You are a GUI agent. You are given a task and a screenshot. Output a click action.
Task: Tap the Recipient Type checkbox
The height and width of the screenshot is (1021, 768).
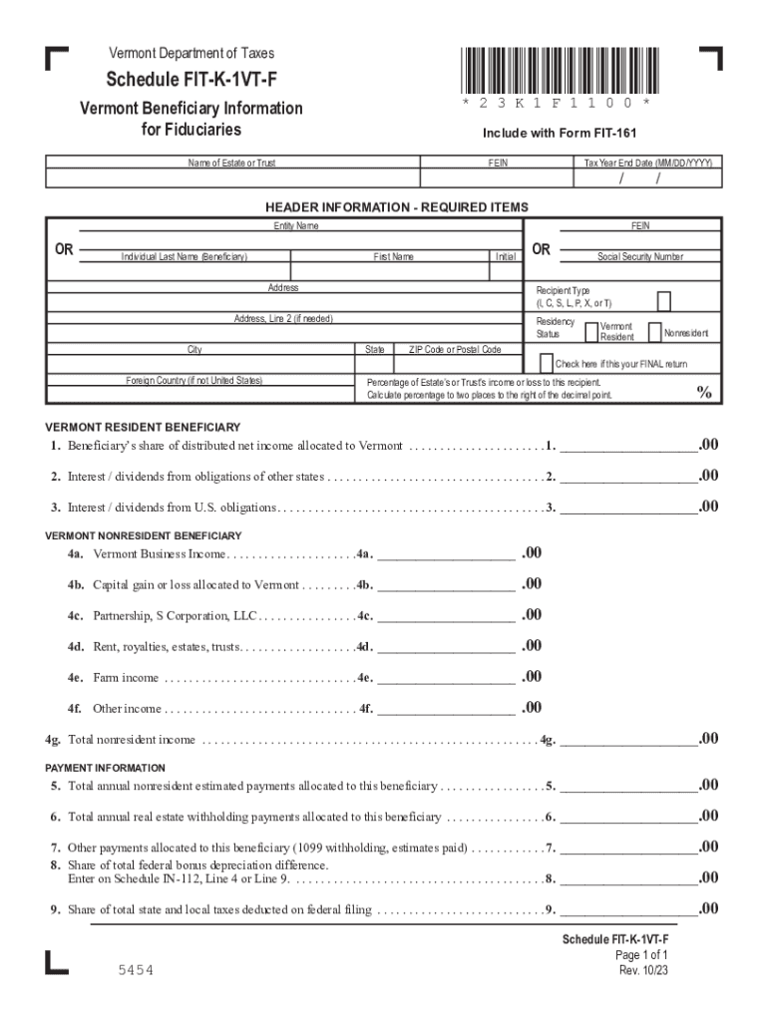pos(663,301)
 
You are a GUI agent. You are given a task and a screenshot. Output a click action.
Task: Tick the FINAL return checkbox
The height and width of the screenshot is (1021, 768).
pos(547,362)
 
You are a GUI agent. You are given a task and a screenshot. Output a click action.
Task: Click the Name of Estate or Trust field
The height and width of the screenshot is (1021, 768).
pos(232,178)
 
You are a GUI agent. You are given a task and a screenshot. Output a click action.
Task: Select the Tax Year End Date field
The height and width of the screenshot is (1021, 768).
pos(647,178)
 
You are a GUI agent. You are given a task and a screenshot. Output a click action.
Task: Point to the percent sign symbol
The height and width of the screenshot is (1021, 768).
pos(704,393)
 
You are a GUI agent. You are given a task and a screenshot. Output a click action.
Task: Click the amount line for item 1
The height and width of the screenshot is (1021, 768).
pos(628,446)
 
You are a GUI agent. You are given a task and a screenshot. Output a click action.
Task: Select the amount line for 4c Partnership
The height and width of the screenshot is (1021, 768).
pos(446,616)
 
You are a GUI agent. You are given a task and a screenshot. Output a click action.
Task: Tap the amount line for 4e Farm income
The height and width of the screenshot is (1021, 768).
pos(446,678)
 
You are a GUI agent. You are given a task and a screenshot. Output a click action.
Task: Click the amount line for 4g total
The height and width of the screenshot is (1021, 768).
pos(628,740)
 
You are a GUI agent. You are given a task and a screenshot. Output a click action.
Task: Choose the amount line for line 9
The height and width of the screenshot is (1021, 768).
pos(628,909)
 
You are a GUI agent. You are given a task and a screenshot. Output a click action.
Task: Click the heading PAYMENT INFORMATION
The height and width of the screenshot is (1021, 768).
pos(106,768)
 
